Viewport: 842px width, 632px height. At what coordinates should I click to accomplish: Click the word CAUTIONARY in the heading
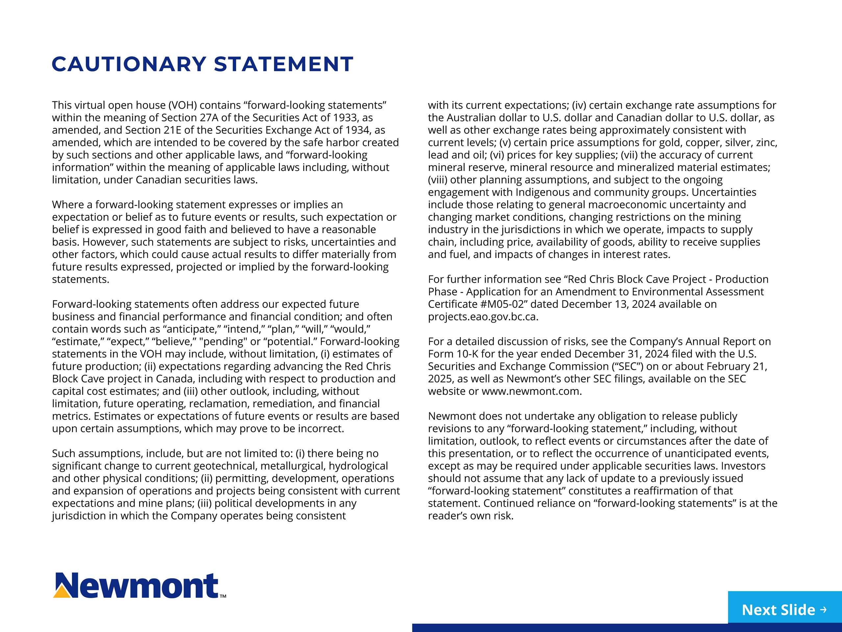pos(129,64)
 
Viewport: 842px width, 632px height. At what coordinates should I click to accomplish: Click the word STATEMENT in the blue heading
pos(284,64)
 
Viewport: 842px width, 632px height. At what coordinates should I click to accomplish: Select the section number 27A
pos(207,118)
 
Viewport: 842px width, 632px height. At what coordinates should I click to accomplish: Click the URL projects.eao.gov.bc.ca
pos(483,317)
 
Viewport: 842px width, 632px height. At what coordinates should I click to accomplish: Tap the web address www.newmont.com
pos(532,392)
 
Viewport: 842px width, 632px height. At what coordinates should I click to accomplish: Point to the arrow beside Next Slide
pos(824,610)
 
